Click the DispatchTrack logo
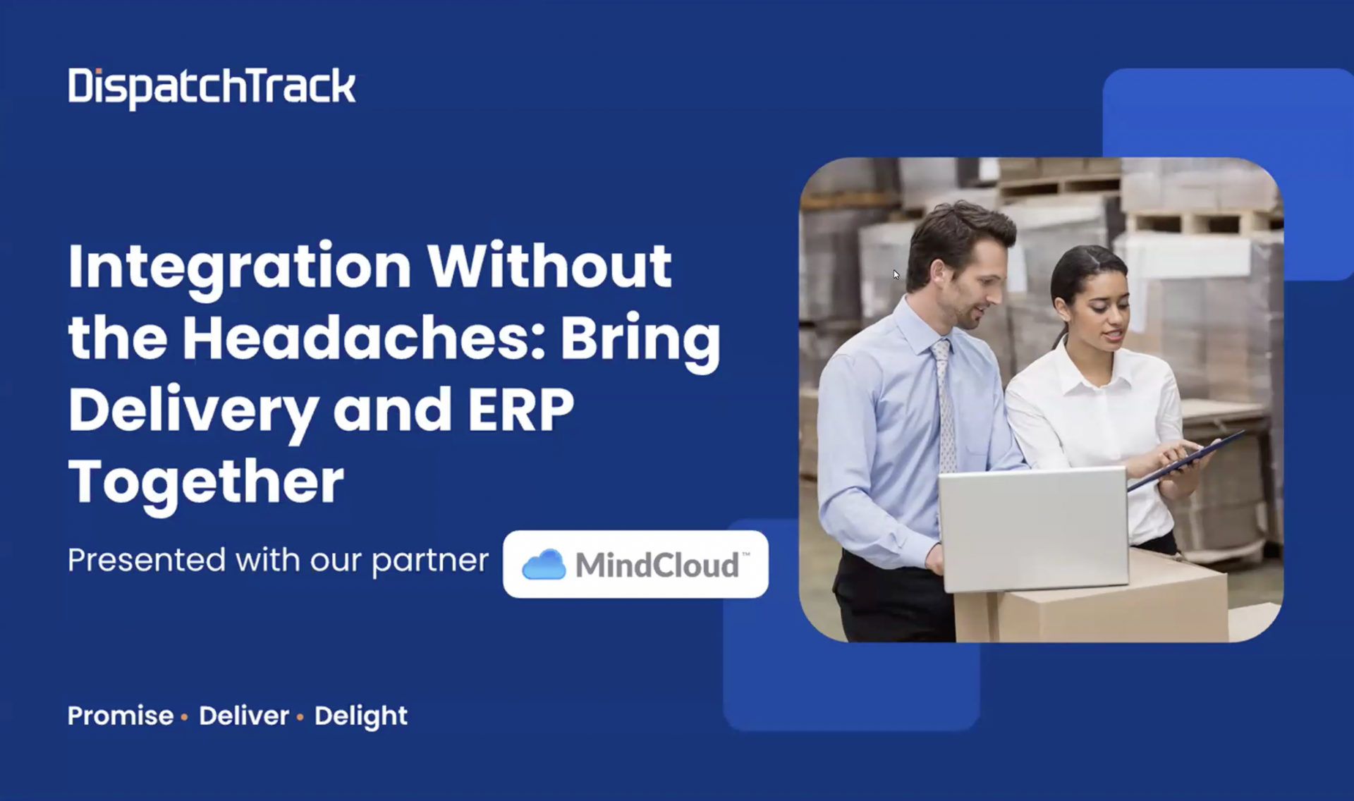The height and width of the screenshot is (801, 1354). coord(212,87)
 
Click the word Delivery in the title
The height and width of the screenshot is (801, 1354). coord(193,412)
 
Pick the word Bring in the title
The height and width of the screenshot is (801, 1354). coord(640,341)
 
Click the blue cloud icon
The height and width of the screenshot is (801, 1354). coord(544,565)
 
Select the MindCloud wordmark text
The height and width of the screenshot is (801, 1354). coord(657,565)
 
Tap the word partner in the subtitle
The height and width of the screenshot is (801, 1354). coord(430,562)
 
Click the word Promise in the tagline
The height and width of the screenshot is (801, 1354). coord(121,716)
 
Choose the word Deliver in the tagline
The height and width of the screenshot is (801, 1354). coord(244,716)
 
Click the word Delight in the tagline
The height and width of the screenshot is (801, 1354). coord(361,717)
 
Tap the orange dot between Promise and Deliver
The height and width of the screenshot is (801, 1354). coord(184,717)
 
